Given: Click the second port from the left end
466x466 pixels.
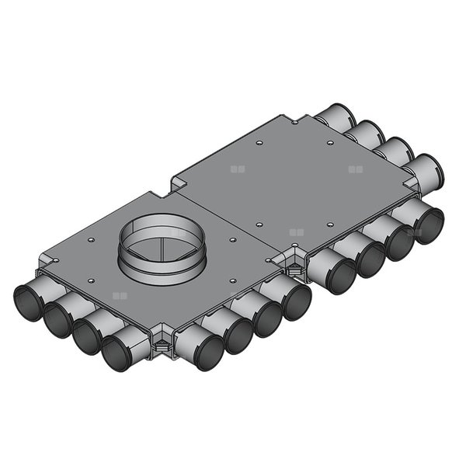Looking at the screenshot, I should coord(58,321).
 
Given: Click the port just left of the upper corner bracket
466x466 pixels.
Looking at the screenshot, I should coord(296,301).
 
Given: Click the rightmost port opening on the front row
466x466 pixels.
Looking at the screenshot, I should coord(429,224).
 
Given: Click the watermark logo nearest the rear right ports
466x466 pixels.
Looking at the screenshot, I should coord(356,168).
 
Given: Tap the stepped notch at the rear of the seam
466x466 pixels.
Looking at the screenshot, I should coord(178,185).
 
